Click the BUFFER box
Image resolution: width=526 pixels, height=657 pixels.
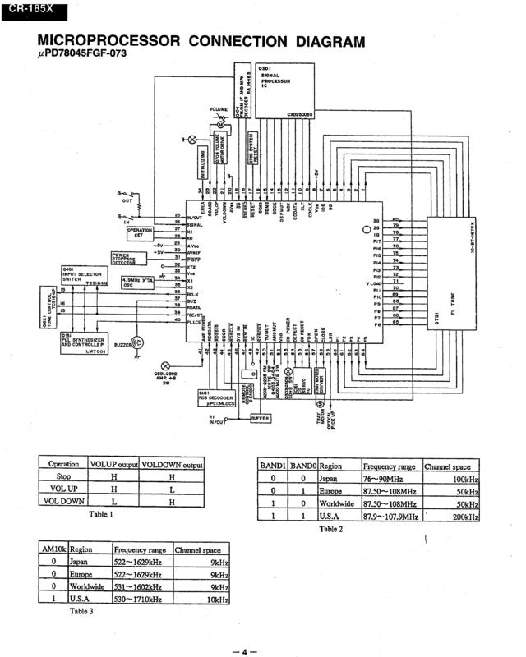point(262,418)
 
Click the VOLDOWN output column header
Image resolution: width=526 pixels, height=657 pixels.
point(172,463)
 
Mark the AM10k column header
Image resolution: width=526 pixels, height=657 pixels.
point(53,549)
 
